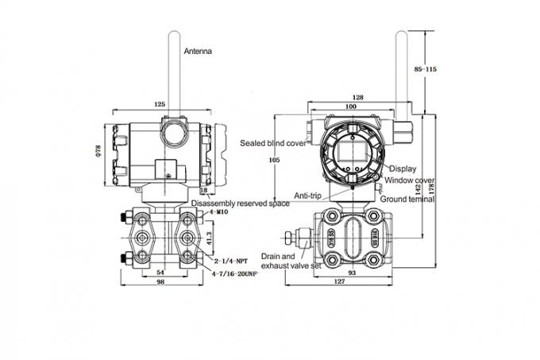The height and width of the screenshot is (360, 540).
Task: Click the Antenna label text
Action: click(199, 50)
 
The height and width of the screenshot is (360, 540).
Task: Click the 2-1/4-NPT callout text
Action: click(232, 260)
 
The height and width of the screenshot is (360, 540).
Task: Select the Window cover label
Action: click(409, 180)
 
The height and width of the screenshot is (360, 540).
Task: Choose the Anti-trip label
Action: click(307, 195)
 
